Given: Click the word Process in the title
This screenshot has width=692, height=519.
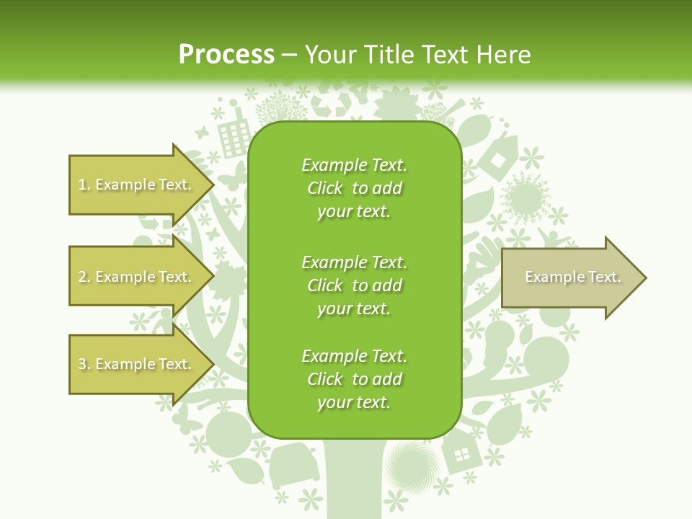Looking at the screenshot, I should pos(226,54).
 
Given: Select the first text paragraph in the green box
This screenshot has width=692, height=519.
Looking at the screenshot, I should pos(354,188).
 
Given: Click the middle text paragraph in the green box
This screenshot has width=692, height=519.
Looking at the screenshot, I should pos(354,285).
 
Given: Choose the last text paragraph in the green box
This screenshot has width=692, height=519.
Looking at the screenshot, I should pos(354,379).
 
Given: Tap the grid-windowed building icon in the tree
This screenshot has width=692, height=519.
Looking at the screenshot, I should pos(233,137).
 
